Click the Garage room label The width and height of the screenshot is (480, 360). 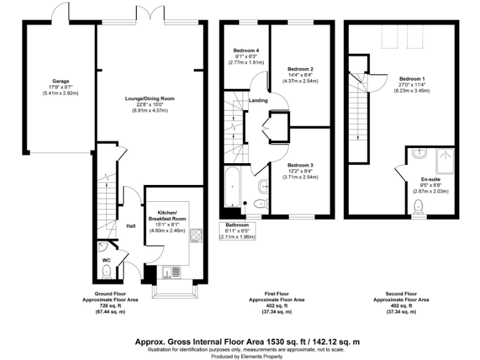click(60, 81)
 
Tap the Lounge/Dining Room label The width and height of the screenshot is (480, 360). click(149, 99)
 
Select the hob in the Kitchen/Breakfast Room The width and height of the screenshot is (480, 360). click(196, 236)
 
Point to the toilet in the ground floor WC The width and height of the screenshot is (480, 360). click(107, 270)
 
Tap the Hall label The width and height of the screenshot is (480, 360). click(131, 226)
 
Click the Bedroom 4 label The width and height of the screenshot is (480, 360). click(246, 50)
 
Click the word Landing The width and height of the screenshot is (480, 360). click(258, 101)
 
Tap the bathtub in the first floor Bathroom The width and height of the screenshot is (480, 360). click(230, 186)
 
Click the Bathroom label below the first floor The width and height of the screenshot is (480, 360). click(237, 225)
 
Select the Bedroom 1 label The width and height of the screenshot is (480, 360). click(412, 78)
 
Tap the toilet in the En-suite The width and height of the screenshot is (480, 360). click(418, 207)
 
